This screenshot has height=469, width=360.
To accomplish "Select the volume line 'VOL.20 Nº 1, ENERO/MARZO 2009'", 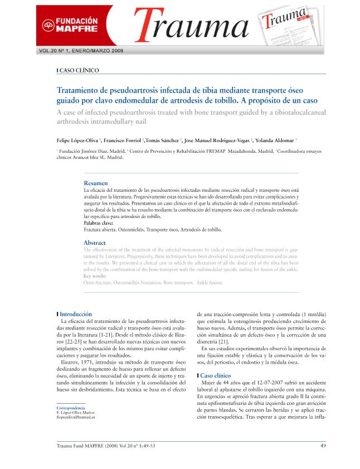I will (81, 50).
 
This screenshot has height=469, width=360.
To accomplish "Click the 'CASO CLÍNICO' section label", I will (79, 71).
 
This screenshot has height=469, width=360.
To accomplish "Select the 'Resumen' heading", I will (95, 183).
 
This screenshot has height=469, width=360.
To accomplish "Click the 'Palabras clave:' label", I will (98, 223).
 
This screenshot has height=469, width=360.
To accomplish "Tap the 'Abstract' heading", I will (94, 243).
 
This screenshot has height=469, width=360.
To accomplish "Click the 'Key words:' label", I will (95, 276).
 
